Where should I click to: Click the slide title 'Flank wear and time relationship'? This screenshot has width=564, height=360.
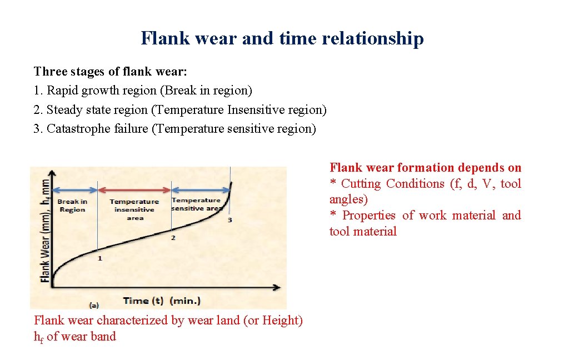tap(282, 38)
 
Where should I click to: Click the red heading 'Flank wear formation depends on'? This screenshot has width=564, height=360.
tap(425, 168)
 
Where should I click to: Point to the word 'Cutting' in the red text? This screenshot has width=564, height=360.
tap(361, 184)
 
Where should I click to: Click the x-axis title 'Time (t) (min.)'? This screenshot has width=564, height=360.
tap(162, 301)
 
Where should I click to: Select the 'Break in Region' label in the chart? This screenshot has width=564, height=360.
tap(72, 206)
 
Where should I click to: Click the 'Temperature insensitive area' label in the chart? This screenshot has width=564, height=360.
tap(134, 209)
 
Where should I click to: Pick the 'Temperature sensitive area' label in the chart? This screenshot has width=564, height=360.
tap(197, 204)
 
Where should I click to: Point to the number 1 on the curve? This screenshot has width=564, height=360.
tap(99, 258)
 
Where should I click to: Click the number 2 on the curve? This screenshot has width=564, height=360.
tap(173, 238)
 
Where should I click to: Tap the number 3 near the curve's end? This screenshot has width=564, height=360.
tap(229, 221)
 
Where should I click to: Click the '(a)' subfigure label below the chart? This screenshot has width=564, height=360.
tap(94, 304)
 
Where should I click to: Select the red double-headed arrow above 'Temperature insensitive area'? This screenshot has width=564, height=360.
tap(134, 189)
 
